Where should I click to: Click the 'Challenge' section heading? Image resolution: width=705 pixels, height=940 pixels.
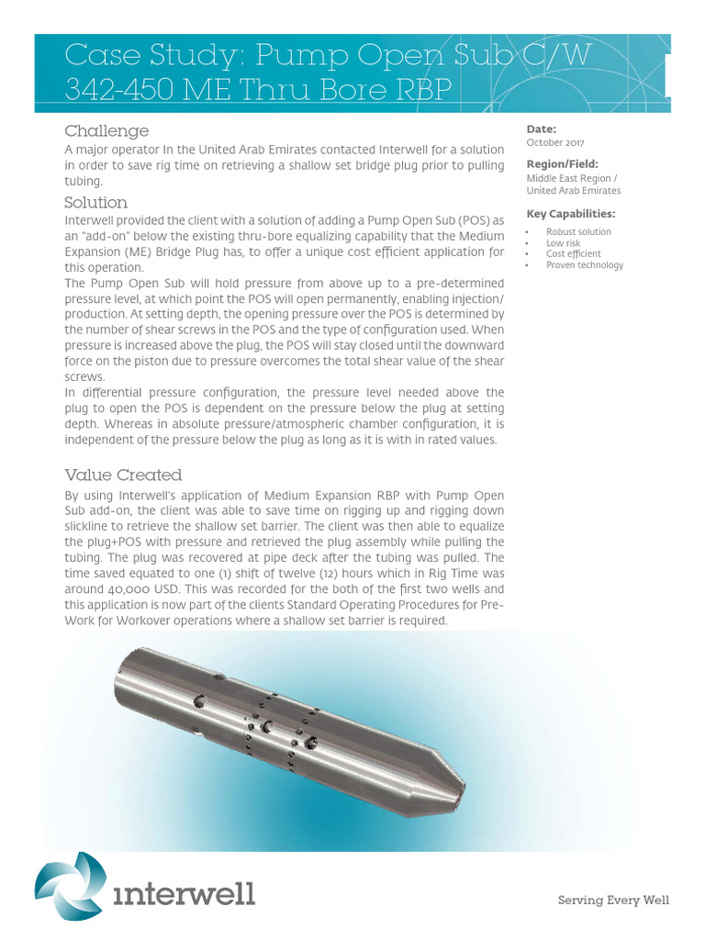coord(106,131)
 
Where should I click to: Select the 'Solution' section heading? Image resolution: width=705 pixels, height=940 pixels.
coord(95,202)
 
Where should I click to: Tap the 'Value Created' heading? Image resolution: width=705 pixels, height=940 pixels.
coord(123,475)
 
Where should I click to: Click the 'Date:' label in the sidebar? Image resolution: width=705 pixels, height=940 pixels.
coord(542,129)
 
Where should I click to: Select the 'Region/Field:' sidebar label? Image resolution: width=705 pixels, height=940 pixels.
coord(562,164)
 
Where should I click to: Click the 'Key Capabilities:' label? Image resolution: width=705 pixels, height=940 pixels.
coord(570,214)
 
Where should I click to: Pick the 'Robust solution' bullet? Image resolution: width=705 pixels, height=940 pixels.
coord(578,232)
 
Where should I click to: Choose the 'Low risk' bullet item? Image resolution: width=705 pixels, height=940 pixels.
coord(564,243)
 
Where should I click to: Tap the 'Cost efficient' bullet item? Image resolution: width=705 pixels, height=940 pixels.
coord(574,254)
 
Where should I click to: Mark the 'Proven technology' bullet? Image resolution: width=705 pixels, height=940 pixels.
coord(585,265)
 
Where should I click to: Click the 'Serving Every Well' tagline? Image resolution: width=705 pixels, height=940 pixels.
coord(614,901)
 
